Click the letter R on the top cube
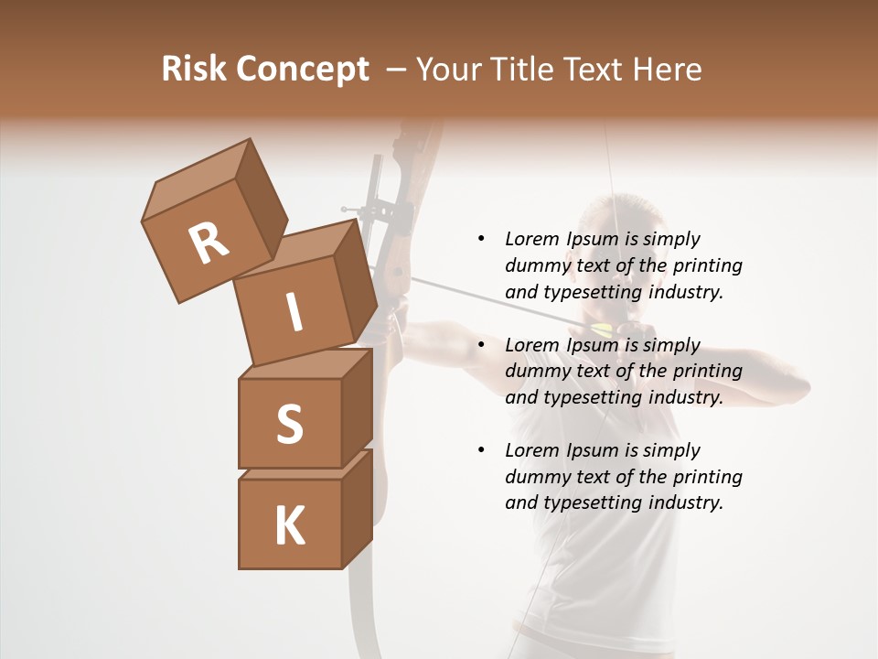coord(209,243)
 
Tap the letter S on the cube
coord(289,424)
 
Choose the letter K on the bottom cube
coord(289,526)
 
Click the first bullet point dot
coord(481,239)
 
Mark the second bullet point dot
coord(481,345)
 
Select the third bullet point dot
coord(481,450)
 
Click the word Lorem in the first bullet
coord(532,239)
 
